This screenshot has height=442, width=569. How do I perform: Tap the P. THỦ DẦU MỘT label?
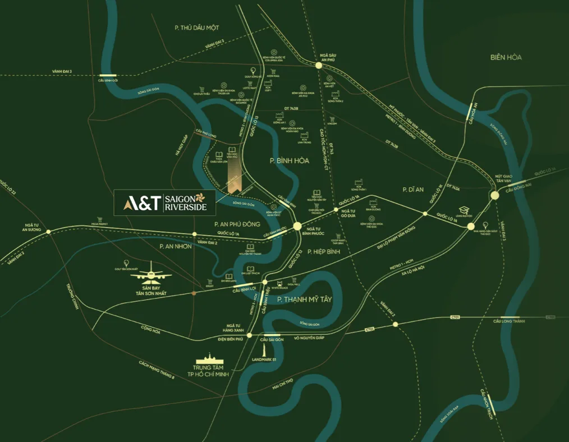click(x=196, y=27)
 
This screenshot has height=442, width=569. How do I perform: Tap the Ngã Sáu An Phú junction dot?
click(x=319, y=66)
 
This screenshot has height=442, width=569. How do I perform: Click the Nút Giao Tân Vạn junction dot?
click(x=494, y=195)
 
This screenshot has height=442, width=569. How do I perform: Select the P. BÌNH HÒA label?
click(x=289, y=160)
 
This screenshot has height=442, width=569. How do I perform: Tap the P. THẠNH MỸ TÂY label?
click(x=305, y=300)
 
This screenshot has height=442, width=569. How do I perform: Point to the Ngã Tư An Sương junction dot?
click(x=48, y=231)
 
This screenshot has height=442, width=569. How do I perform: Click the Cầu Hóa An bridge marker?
click(x=470, y=113)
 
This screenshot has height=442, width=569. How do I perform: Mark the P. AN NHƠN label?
click(x=176, y=246)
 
